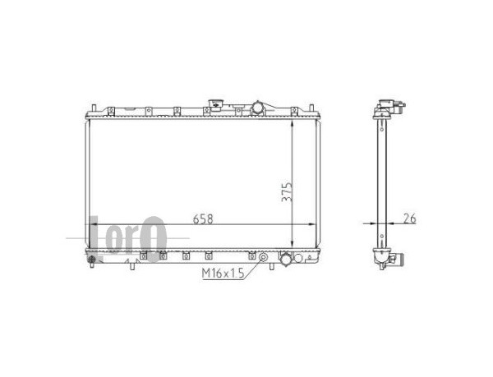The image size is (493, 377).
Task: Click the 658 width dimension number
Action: point(203,219)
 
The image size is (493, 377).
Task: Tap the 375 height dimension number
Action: point(287,191)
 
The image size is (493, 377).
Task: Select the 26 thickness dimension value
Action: point(409,218)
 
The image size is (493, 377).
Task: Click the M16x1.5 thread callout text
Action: point(223,274)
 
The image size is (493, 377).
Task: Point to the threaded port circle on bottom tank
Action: point(263,258)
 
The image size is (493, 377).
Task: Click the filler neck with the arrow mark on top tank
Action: point(215,104)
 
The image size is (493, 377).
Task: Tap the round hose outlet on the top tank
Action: point(258,108)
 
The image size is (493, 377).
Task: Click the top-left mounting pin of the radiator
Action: point(93,108)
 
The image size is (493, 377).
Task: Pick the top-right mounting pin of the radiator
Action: point(311,108)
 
